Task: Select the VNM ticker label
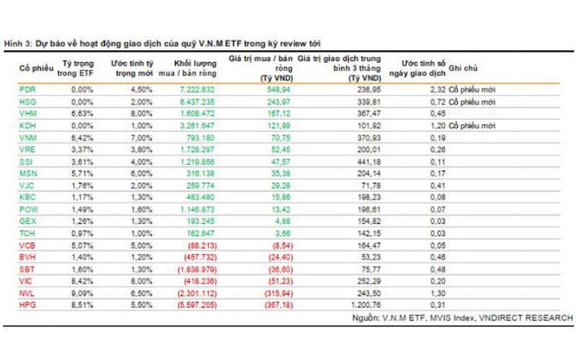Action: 27,138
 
